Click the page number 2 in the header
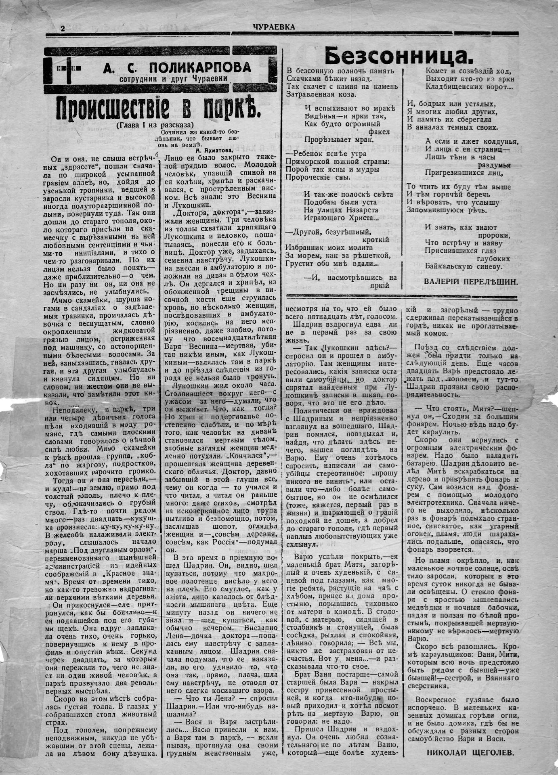point(63,28)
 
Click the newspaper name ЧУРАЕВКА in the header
point(274,27)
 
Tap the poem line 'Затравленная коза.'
point(321,94)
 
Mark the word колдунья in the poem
point(494,141)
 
